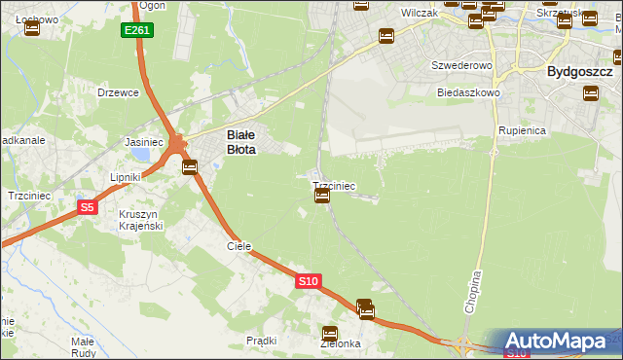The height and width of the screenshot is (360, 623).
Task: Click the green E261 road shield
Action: coord(137,31)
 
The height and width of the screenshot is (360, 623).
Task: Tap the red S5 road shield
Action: coord(88,207)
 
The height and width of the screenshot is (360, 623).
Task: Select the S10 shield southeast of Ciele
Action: coord(308,281)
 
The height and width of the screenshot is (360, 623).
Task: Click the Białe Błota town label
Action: coord(240,143)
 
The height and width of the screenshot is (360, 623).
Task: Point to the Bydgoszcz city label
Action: coord(579,72)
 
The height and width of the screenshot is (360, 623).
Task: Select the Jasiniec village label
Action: coord(144,142)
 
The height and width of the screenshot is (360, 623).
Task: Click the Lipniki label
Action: coord(127,177)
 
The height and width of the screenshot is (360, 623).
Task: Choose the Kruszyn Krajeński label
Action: coord(140,219)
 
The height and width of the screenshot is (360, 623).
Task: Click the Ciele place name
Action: coord(239,246)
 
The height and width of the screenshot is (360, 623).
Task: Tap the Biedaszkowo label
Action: coord(468,93)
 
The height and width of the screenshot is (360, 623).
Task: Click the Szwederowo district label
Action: coord(462,65)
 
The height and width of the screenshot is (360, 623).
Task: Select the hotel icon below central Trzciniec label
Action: coord(322,197)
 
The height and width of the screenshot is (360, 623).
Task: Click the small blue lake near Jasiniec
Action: coord(143,154)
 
